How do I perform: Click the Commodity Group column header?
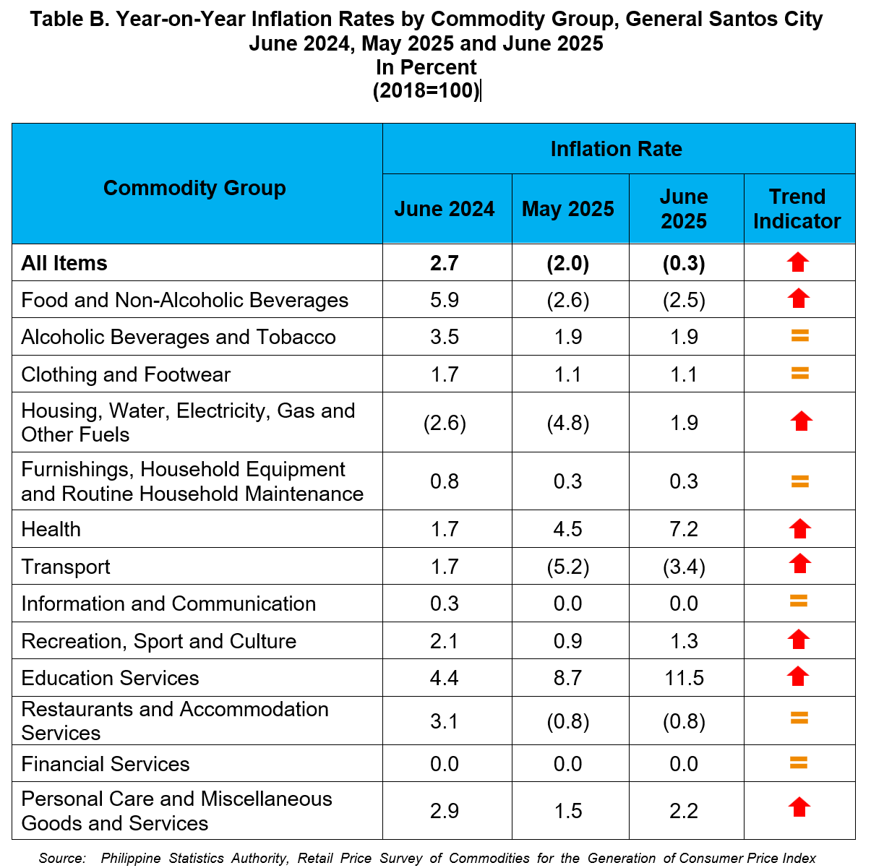[x=194, y=188]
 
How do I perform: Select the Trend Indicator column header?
[x=797, y=209]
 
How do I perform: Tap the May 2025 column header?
[x=567, y=209]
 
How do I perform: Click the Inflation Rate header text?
[x=616, y=149]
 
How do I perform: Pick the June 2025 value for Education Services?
[x=684, y=678]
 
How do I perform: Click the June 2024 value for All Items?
[x=445, y=263]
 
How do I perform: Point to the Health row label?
[x=51, y=529]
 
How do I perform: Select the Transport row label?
[x=66, y=567]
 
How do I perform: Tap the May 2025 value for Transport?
[x=567, y=567]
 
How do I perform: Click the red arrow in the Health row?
[x=799, y=528]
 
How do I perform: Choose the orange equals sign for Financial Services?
[x=798, y=763]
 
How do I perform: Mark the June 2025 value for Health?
[x=684, y=529]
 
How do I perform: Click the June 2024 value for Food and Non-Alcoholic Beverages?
[x=445, y=300]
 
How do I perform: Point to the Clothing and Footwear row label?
[x=126, y=375]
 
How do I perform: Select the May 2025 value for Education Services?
[x=567, y=678]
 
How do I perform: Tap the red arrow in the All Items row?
[x=797, y=262]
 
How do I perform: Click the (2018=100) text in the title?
[x=425, y=90]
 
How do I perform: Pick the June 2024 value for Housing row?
[x=445, y=423]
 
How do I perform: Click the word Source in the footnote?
[x=62, y=858]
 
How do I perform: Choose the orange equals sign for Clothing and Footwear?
[x=799, y=373]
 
